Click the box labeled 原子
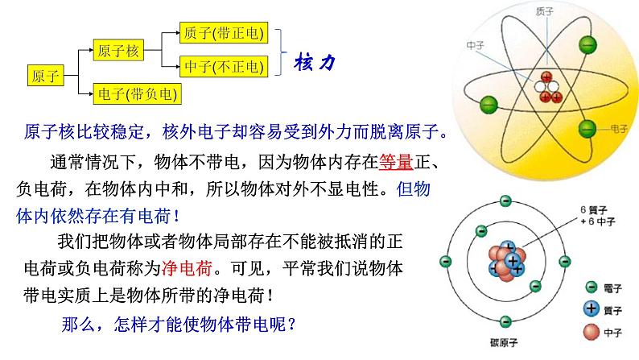coord(45,77)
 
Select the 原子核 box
coord(118,51)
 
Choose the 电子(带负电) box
coord(138,94)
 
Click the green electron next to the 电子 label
coord(588,127)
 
